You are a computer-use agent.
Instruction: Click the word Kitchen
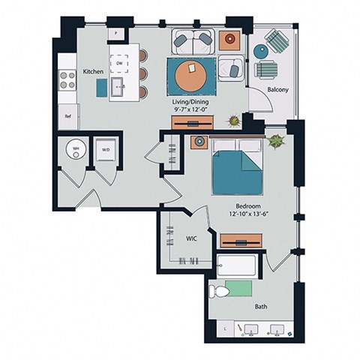coord(92,72)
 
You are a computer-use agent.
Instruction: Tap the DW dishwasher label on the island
coord(121,64)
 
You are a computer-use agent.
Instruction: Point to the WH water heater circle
coord(75,148)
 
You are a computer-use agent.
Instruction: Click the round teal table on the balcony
coord(259,52)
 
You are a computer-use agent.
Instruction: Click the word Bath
coord(260,306)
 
